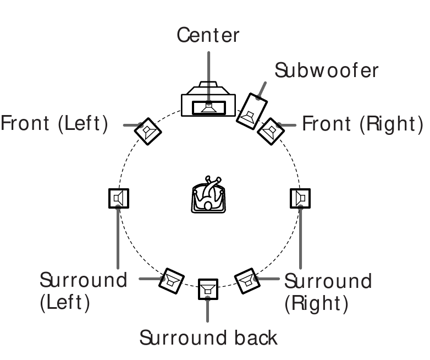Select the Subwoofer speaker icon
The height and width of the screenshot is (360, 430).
point(251,111)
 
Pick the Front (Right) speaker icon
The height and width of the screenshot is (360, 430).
point(270,130)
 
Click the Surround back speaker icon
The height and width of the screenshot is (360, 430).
point(207,289)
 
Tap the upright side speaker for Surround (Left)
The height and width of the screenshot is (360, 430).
point(118,198)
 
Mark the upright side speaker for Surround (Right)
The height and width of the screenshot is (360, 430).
point(300,198)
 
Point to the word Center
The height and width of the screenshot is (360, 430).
point(208,35)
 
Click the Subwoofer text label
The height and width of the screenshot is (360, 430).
point(327,70)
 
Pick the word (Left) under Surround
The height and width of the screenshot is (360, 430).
point(65,303)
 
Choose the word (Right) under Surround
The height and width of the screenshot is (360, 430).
point(316,303)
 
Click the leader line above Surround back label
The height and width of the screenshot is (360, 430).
point(207,311)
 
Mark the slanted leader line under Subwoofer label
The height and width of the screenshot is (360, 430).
point(262,89)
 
